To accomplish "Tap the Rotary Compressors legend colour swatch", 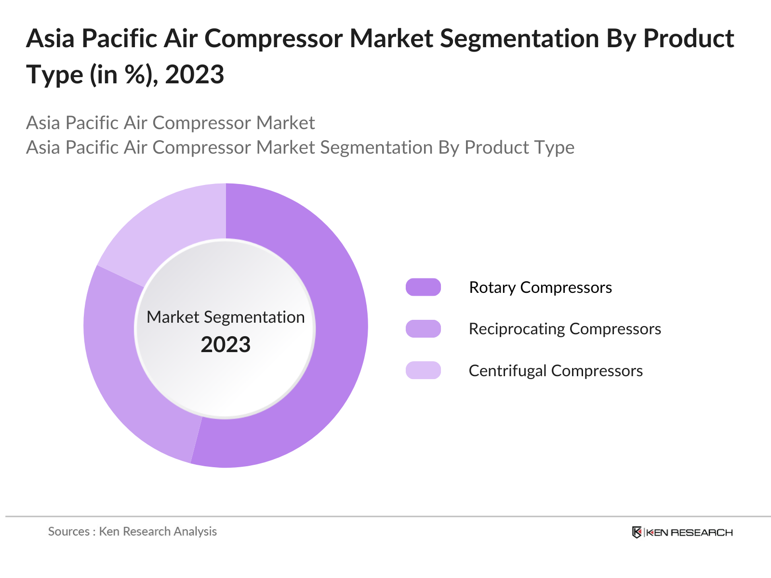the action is click(423, 287).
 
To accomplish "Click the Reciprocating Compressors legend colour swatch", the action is click(423, 329).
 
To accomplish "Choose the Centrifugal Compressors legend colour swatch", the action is click(423, 370).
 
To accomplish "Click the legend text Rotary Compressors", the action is click(541, 288).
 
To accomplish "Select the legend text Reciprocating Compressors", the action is click(565, 329).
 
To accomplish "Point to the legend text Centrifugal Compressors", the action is click(556, 371).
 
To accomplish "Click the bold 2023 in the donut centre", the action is click(226, 344).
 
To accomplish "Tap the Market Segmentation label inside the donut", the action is click(226, 317).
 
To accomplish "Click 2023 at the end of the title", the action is click(194, 74).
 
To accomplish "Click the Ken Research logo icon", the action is click(637, 532).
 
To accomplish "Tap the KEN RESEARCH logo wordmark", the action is click(690, 533).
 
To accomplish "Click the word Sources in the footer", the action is click(69, 532).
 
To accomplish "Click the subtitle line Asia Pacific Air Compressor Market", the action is click(171, 123).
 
